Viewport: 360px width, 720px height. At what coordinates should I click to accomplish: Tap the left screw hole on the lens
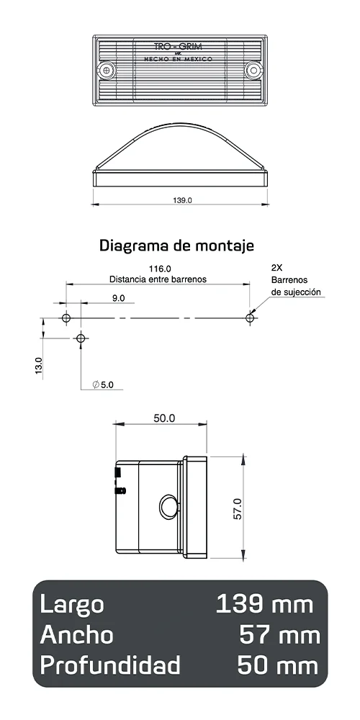[108, 70]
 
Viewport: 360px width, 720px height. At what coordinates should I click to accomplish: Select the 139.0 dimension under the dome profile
[183, 201]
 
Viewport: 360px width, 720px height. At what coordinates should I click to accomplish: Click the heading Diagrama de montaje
[176, 246]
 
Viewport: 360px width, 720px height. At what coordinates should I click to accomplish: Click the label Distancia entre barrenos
[158, 279]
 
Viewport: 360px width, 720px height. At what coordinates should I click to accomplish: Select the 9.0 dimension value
[118, 297]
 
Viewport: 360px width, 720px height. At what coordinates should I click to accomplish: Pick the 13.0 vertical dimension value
[38, 365]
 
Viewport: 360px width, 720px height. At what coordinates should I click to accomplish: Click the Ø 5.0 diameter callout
[103, 385]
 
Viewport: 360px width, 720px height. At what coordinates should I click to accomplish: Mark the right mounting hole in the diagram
[251, 318]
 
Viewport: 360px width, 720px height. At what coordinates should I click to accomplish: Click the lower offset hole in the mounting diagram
[81, 338]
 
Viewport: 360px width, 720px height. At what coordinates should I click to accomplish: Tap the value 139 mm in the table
[264, 604]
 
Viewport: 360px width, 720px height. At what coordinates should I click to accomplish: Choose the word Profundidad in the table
[110, 666]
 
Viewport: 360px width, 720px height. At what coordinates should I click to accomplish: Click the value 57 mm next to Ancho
[279, 635]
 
